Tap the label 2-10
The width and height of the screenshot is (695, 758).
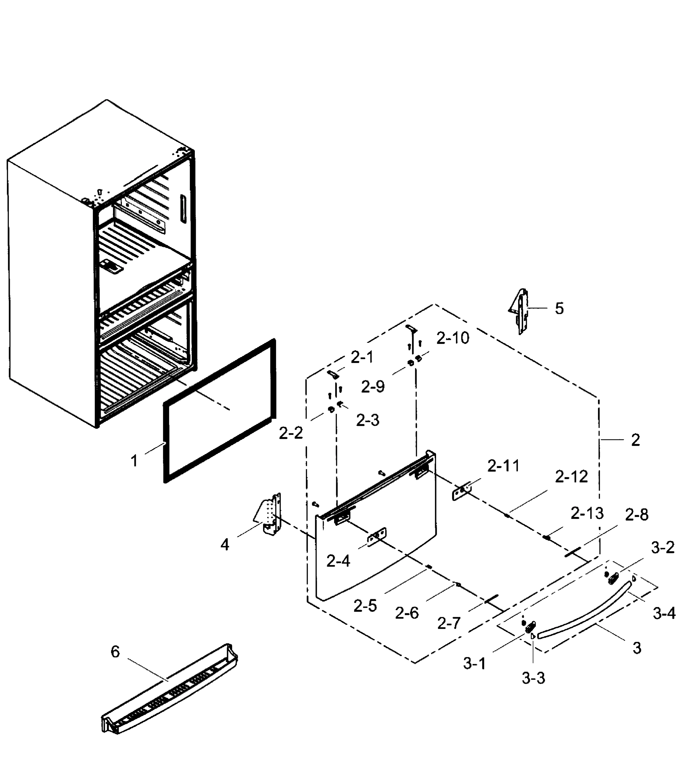click(x=453, y=338)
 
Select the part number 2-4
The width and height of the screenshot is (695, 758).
click(x=338, y=561)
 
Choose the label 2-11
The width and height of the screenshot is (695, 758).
click(x=504, y=466)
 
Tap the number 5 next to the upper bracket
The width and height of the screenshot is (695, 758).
click(x=559, y=309)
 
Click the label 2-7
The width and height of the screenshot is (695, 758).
click(x=449, y=624)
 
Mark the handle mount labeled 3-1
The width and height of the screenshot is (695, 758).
click(x=530, y=627)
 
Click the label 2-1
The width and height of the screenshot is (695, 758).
click(x=362, y=358)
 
